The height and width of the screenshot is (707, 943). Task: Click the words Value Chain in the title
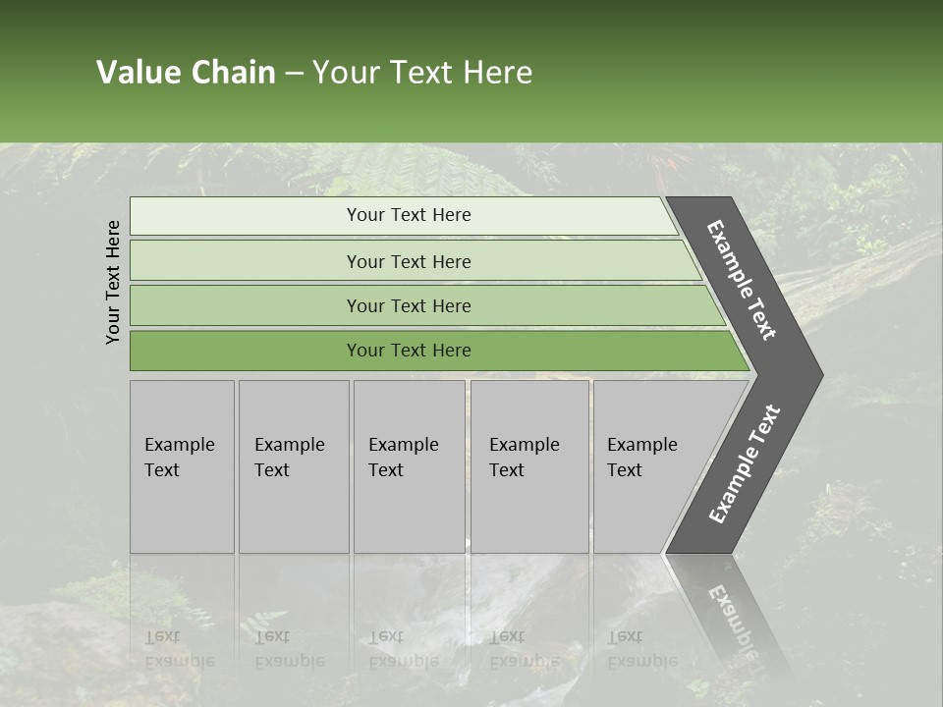click(x=186, y=73)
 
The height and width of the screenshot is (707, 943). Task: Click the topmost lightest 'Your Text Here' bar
click(x=409, y=215)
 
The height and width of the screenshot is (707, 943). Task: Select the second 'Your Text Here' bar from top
click(x=409, y=261)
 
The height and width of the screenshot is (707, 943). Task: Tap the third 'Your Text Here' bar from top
click(x=409, y=305)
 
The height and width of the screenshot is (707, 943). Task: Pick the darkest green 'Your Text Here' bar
click(x=409, y=351)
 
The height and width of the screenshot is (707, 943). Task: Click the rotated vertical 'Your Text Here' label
click(x=113, y=282)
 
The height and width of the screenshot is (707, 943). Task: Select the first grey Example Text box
click(x=182, y=466)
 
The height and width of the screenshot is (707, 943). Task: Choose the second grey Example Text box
click(x=293, y=466)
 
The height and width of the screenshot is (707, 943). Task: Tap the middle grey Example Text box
click(x=409, y=466)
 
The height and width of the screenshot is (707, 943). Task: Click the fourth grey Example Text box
click(x=528, y=466)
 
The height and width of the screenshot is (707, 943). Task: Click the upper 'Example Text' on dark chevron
click(x=742, y=280)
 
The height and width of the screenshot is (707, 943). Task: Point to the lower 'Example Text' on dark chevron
click(x=744, y=464)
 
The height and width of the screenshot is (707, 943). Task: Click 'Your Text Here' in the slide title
click(x=422, y=73)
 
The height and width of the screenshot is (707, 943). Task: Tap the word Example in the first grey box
click(x=179, y=445)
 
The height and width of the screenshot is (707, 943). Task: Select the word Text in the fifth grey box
click(x=624, y=470)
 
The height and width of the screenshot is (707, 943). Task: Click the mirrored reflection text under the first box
click(x=178, y=650)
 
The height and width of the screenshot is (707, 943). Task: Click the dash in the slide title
click(x=294, y=73)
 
